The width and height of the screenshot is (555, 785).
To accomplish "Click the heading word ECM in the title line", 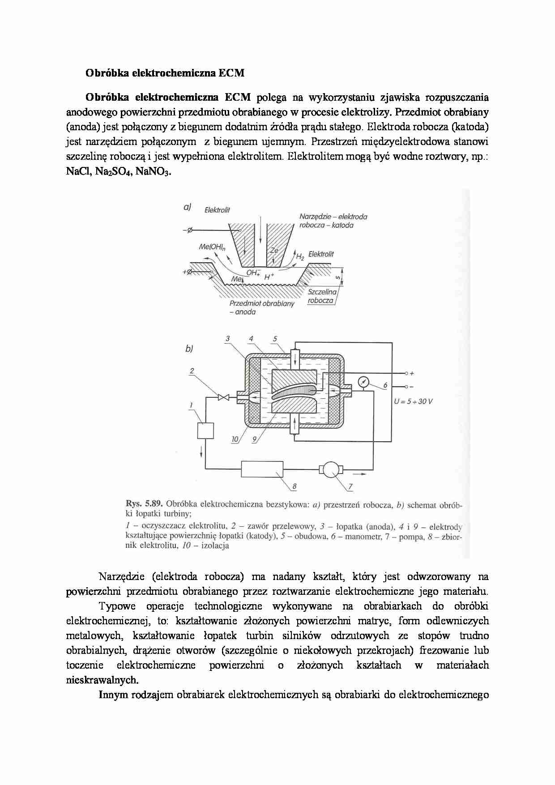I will tap(231, 73).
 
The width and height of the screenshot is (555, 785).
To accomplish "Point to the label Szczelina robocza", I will tap(321, 296).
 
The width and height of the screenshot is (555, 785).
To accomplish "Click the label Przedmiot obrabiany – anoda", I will tap(262, 307).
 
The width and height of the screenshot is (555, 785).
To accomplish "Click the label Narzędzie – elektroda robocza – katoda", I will tap(333, 221).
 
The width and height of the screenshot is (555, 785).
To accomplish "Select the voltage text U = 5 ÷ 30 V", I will tap(413, 401).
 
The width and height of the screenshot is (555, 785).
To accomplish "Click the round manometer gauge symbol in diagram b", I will tap(363, 382).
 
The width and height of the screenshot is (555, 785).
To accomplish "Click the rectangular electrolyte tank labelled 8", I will tap(262, 469).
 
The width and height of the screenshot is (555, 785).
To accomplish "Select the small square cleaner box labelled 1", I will tap(205, 431).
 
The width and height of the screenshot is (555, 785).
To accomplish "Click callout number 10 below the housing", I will tap(235, 439).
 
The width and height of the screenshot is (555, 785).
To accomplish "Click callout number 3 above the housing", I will tap(227, 339).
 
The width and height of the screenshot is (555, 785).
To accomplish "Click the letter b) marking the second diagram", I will tap(189, 349).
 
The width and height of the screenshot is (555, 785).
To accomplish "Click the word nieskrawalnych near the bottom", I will tap(102, 680).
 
